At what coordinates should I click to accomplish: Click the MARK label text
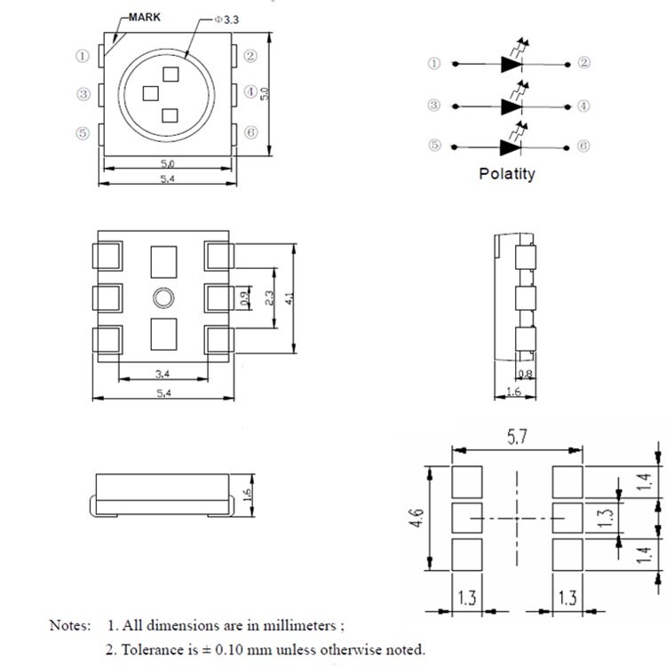[145, 18]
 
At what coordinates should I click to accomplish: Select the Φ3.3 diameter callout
[226, 20]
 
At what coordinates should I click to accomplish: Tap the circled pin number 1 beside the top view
[83, 56]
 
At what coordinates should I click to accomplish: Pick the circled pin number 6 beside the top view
[250, 132]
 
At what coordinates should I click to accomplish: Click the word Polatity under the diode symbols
[507, 174]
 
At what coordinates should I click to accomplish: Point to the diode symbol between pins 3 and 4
[511, 107]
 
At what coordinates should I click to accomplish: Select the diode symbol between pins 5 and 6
[511, 147]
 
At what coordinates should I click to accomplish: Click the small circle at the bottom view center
[163, 297]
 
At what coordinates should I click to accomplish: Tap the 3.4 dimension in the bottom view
[163, 374]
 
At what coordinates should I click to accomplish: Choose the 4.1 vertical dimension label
[289, 298]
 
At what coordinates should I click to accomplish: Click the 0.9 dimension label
[244, 298]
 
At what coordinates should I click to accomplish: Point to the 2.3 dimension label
[269, 297]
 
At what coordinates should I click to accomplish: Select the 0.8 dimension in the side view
[526, 374]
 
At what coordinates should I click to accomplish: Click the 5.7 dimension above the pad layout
[517, 437]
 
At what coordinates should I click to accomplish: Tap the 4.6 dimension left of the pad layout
[416, 518]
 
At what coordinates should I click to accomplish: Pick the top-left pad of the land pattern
[467, 482]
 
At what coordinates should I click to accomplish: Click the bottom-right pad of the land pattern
[567, 555]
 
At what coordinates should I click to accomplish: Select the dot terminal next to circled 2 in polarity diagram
[567, 65]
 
